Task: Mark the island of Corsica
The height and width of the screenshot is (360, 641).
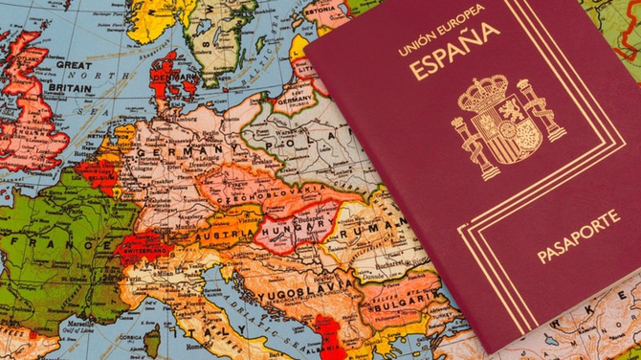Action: [x=151, y=340]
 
